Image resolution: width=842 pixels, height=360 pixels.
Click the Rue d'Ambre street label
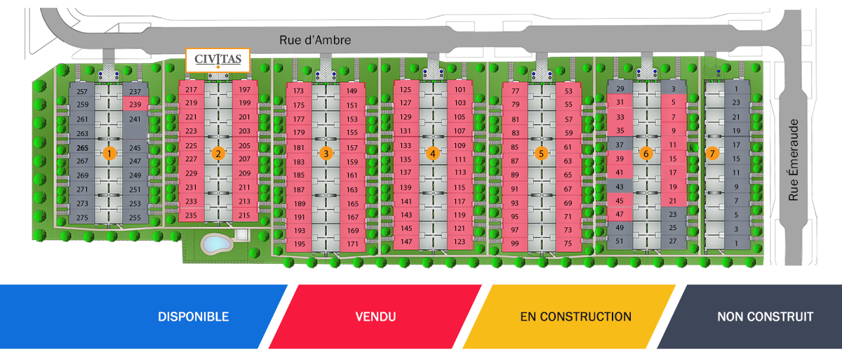point(315,40)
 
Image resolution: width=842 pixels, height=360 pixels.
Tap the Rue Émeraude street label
point(793,160)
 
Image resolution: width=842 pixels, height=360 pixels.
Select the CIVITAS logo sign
point(218,60)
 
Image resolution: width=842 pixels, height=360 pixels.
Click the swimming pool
point(216,244)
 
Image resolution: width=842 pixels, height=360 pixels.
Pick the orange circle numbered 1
point(109,153)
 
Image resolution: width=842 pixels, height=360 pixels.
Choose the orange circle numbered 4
point(433,153)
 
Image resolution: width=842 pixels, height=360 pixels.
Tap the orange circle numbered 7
point(712,153)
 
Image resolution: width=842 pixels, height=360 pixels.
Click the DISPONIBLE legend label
point(193,316)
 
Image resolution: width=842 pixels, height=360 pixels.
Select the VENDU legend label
point(375,316)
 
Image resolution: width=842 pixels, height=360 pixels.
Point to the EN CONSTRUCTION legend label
point(575,316)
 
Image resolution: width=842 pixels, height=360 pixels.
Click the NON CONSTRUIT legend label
point(765,316)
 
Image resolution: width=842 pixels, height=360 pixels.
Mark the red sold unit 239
point(135,104)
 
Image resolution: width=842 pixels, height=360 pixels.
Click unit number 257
point(82,91)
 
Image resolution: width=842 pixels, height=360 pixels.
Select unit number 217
point(191,89)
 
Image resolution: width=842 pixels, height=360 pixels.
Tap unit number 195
point(299,244)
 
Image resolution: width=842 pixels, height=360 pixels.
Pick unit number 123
point(460,241)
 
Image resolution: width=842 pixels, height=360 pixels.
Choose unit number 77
point(515,91)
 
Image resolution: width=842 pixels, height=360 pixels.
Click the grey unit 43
point(620,187)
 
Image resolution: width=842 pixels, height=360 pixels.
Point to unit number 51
point(619,241)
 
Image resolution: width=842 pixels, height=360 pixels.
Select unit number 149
point(352,91)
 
